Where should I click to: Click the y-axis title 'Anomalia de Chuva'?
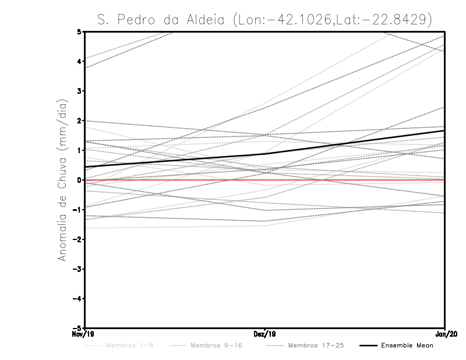tap(63, 180)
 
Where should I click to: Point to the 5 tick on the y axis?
tap(80, 31)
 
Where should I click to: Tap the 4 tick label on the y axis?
tap(80, 61)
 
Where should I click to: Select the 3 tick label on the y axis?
tap(80, 91)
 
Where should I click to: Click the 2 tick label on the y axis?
tap(80, 121)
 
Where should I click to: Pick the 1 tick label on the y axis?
tap(80, 150)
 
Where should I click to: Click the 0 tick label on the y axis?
tap(80, 180)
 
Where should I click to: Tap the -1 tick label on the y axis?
tap(78, 210)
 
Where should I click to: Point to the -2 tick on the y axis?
tap(78, 239)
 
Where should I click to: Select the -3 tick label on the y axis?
tap(78, 269)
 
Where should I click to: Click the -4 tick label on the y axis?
tap(78, 299)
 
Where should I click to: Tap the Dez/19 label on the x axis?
tap(265, 334)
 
